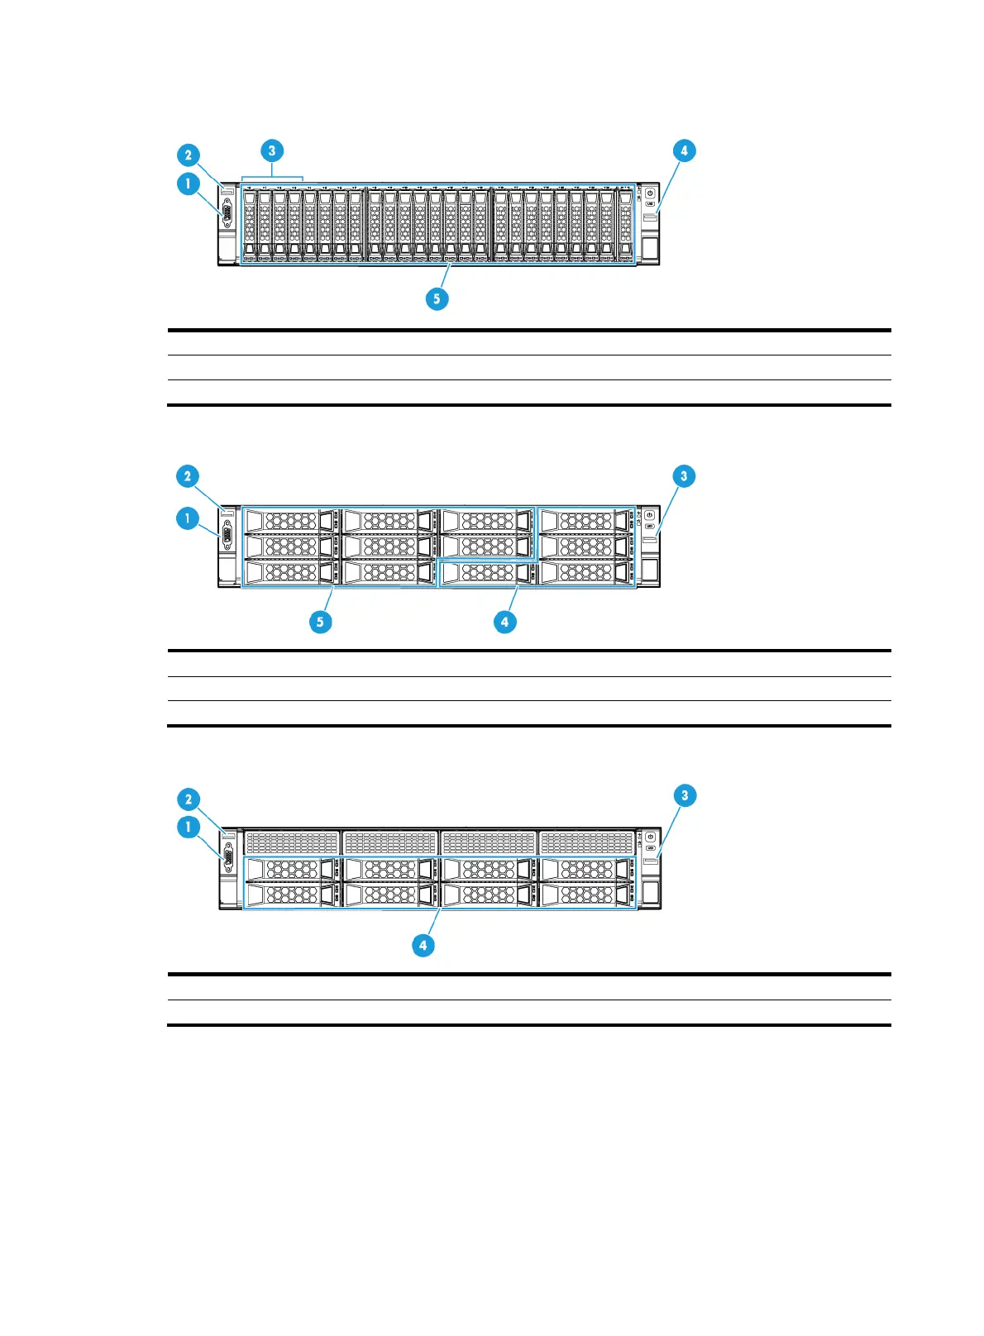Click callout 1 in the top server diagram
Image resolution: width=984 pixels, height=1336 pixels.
[x=189, y=183]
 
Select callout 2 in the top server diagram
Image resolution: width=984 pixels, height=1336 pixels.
[x=189, y=155]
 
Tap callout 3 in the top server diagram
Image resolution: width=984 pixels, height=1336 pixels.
[x=271, y=150]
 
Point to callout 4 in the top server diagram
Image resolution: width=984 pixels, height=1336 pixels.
[x=683, y=150]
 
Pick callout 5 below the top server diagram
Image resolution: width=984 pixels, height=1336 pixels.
[x=437, y=298]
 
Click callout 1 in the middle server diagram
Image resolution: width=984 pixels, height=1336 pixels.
[x=188, y=518]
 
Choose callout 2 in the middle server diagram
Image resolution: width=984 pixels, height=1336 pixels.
[x=188, y=475]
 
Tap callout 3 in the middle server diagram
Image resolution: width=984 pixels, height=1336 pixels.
[x=683, y=475]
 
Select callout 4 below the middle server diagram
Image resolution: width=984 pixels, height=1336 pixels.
[x=504, y=622]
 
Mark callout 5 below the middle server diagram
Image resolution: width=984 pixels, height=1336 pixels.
[x=321, y=622]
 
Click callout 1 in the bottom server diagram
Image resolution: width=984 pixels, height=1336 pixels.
[x=189, y=827]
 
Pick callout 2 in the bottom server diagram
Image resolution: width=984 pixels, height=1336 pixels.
[x=189, y=799]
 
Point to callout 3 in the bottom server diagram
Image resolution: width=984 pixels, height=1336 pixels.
[x=684, y=795]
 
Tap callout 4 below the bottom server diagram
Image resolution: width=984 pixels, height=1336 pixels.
[x=423, y=945]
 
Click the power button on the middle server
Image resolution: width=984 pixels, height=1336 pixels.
[x=650, y=516]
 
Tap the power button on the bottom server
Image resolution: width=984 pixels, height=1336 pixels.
[x=651, y=837]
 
